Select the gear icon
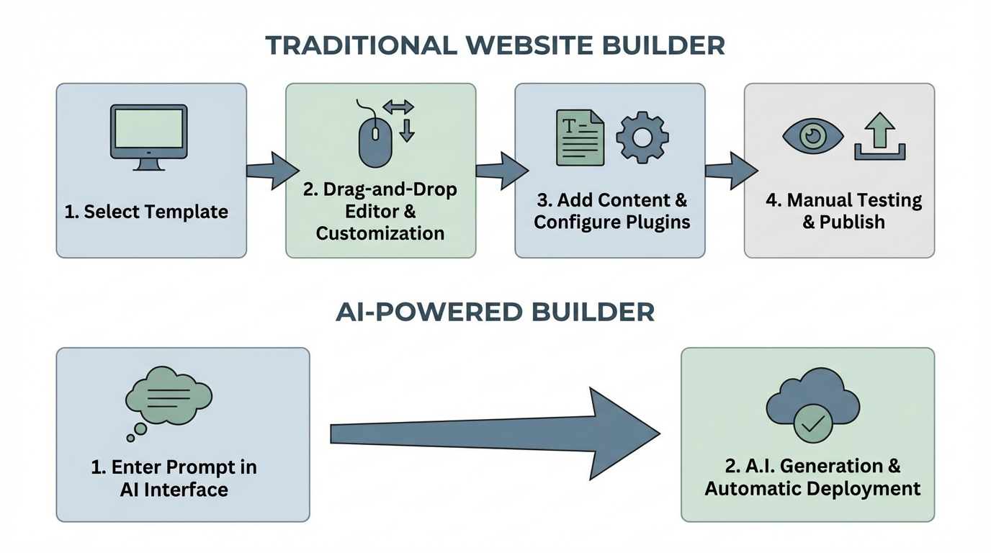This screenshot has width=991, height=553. click(x=642, y=137)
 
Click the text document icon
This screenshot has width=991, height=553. click(x=580, y=137)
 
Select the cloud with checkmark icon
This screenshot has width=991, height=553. click(x=812, y=407)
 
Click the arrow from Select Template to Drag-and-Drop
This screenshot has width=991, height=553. click(x=270, y=171)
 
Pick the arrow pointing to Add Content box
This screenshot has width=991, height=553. click(x=500, y=171)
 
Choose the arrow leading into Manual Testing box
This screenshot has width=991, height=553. click(x=729, y=171)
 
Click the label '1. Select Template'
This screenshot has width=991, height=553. click(x=146, y=212)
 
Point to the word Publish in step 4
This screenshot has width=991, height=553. click(x=853, y=222)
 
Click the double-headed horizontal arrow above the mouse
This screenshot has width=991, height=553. click(x=398, y=108)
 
